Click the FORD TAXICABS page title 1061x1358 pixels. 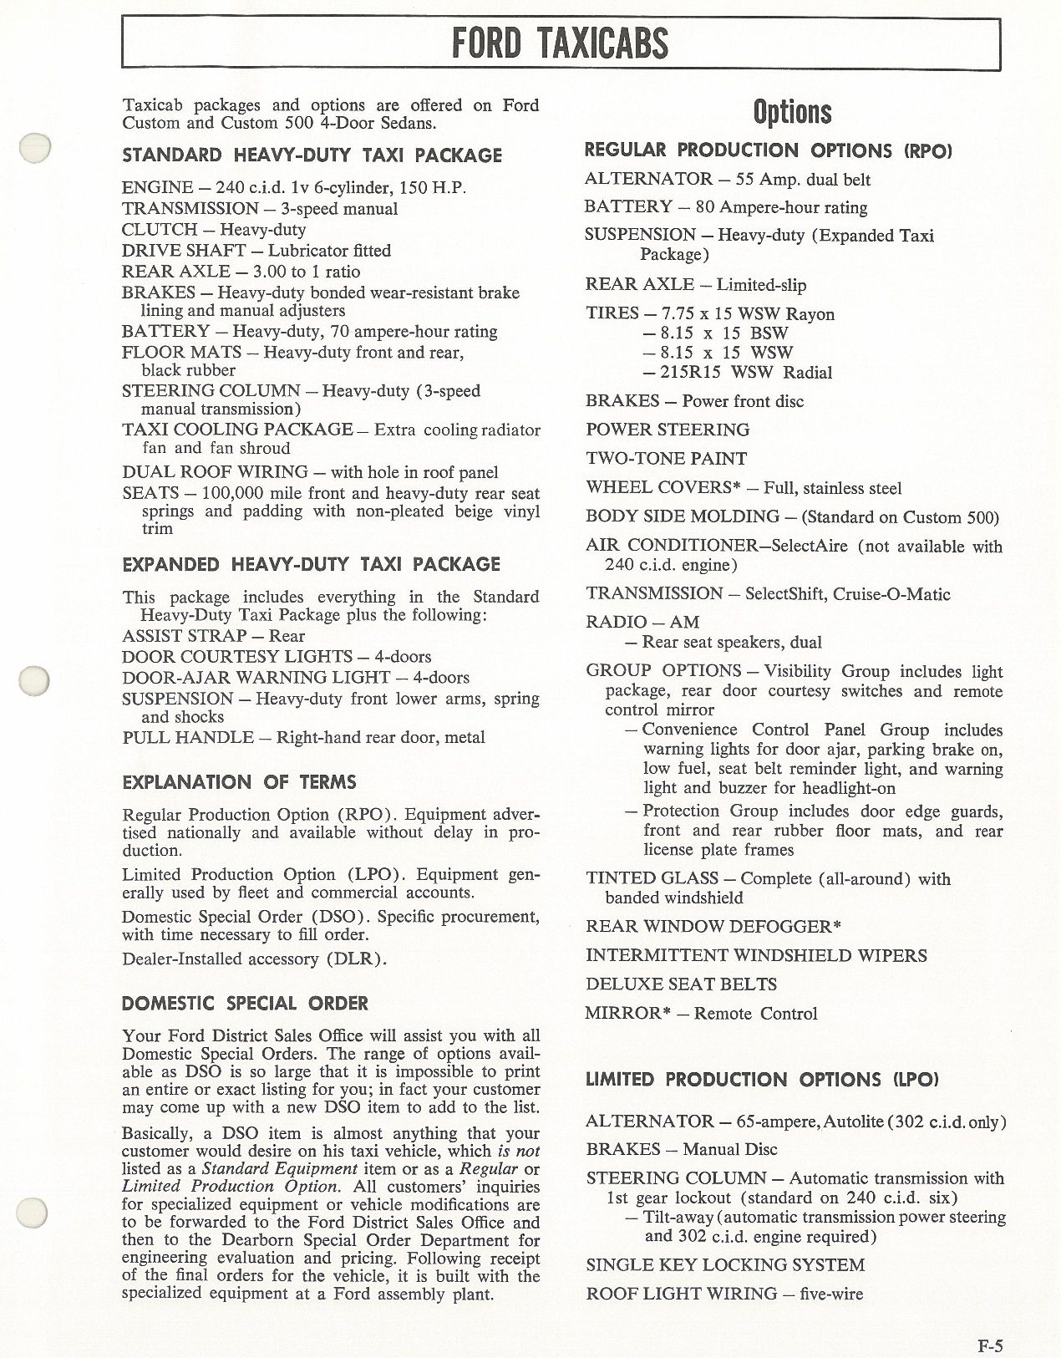click(x=560, y=43)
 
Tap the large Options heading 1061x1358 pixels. click(x=792, y=112)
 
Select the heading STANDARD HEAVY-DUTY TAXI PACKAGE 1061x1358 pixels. click(x=312, y=155)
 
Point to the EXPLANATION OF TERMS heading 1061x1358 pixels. click(x=239, y=782)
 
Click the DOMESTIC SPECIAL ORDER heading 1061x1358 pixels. click(x=245, y=1003)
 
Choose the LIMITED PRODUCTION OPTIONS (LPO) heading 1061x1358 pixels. click(x=761, y=1079)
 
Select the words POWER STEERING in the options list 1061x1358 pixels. click(x=668, y=430)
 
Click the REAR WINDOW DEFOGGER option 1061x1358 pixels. click(x=713, y=926)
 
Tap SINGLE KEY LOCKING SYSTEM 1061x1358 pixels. click(x=725, y=1265)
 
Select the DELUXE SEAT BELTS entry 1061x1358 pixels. click(x=681, y=984)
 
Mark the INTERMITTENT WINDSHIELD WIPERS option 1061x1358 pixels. click(x=756, y=954)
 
